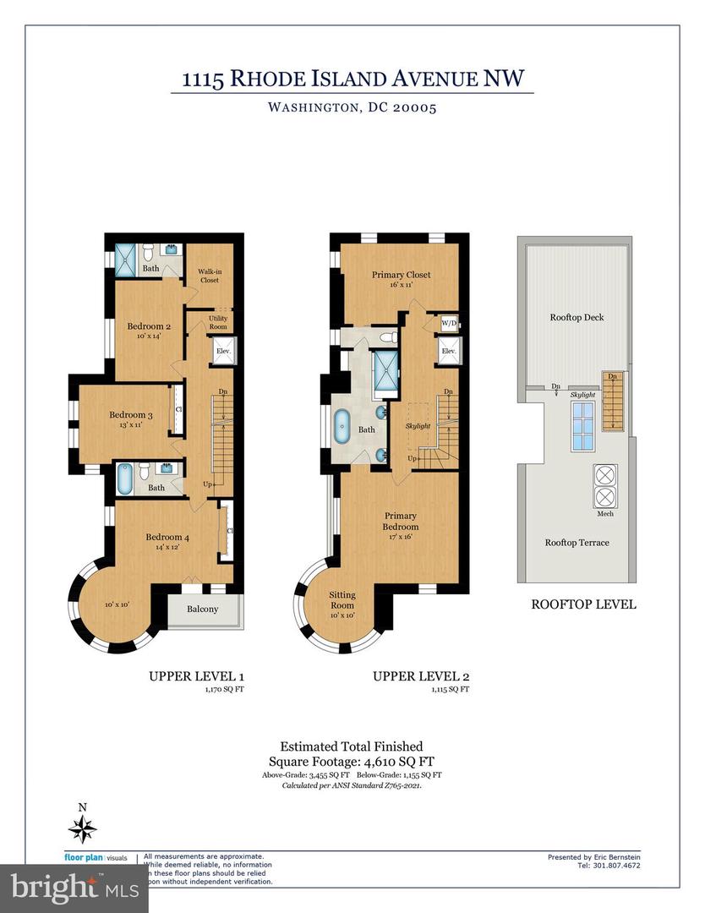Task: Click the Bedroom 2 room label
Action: (149, 326)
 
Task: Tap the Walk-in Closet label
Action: (209, 276)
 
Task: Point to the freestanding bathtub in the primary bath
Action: (345, 429)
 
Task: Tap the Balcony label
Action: (202, 609)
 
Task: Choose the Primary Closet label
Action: (401, 275)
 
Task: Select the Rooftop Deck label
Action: (577, 318)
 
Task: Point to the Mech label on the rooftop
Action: (605, 513)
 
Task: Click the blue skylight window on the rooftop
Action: (582, 427)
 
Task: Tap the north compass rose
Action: (82, 828)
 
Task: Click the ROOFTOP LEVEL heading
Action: (582, 604)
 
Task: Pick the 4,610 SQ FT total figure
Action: (394, 761)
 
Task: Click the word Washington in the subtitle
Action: (310, 107)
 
